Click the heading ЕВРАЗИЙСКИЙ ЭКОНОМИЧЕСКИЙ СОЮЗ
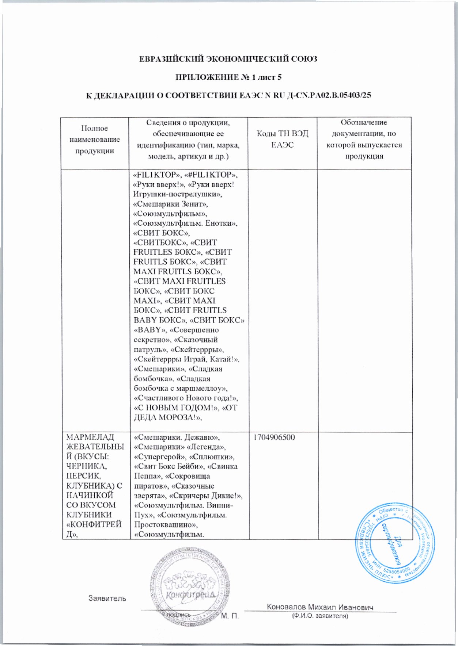[x=229, y=58]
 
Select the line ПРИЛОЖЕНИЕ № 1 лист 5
[x=229, y=77]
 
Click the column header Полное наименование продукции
[x=95, y=139]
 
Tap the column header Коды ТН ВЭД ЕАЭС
[x=283, y=139]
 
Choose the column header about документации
[x=364, y=139]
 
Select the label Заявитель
[x=107, y=598]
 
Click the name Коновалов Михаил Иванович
[x=320, y=607]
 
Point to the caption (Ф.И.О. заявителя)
[x=319, y=616]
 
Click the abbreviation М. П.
[x=230, y=616]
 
